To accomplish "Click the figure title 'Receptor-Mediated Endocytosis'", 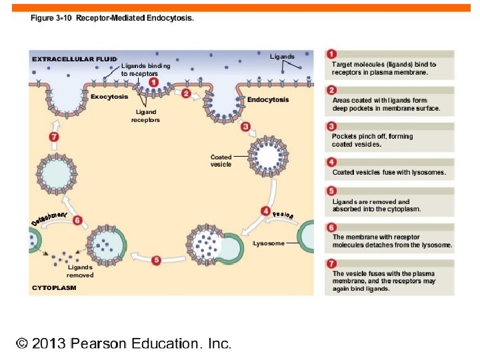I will tap(135, 18).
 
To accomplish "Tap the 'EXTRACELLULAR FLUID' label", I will tap(75, 59).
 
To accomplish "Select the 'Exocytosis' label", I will tap(109, 96).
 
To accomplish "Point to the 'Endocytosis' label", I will tap(268, 100).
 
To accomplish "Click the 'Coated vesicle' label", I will tap(221, 161).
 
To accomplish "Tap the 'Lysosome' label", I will tap(269, 243).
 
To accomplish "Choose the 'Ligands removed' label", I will tap(80, 271).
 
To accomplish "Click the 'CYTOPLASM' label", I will tap(55, 288).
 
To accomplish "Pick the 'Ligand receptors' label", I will tap(145, 116).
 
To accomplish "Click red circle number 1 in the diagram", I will tap(154, 82).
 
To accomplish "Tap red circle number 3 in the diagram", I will tap(245, 126).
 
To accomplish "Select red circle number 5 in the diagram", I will tap(156, 260).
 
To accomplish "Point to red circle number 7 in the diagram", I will tap(55, 137).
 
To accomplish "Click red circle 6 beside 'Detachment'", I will tap(77, 220).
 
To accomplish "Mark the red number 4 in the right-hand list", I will tap(331, 162).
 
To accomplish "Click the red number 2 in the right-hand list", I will tap(331, 91).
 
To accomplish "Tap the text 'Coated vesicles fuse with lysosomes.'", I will tap(389, 173).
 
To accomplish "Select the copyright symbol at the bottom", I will tap(23, 344).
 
